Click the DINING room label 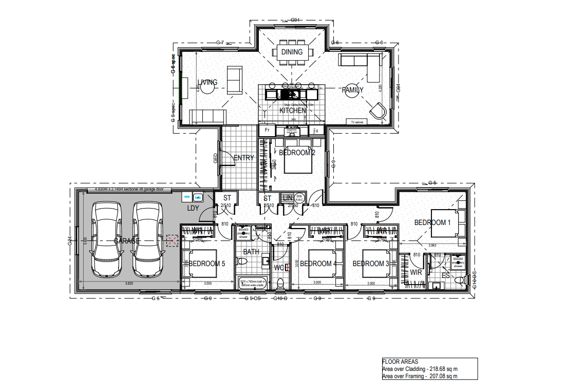click(x=291, y=52)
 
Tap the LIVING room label click(x=207, y=82)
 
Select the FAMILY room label click(x=353, y=90)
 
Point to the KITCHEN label click(x=293, y=110)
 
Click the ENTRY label click(x=243, y=158)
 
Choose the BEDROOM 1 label click(x=432, y=222)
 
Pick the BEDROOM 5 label click(x=207, y=264)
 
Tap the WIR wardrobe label click(x=416, y=272)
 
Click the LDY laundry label click(x=193, y=208)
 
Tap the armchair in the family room click(x=379, y=110)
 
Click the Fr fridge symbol click(x=267, y=130)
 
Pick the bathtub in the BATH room click(x=253, y=282)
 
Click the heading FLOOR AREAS click(x=400, y=362)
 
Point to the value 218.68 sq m click(x=443, y=369)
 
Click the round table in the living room click(x=207, y=88)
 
